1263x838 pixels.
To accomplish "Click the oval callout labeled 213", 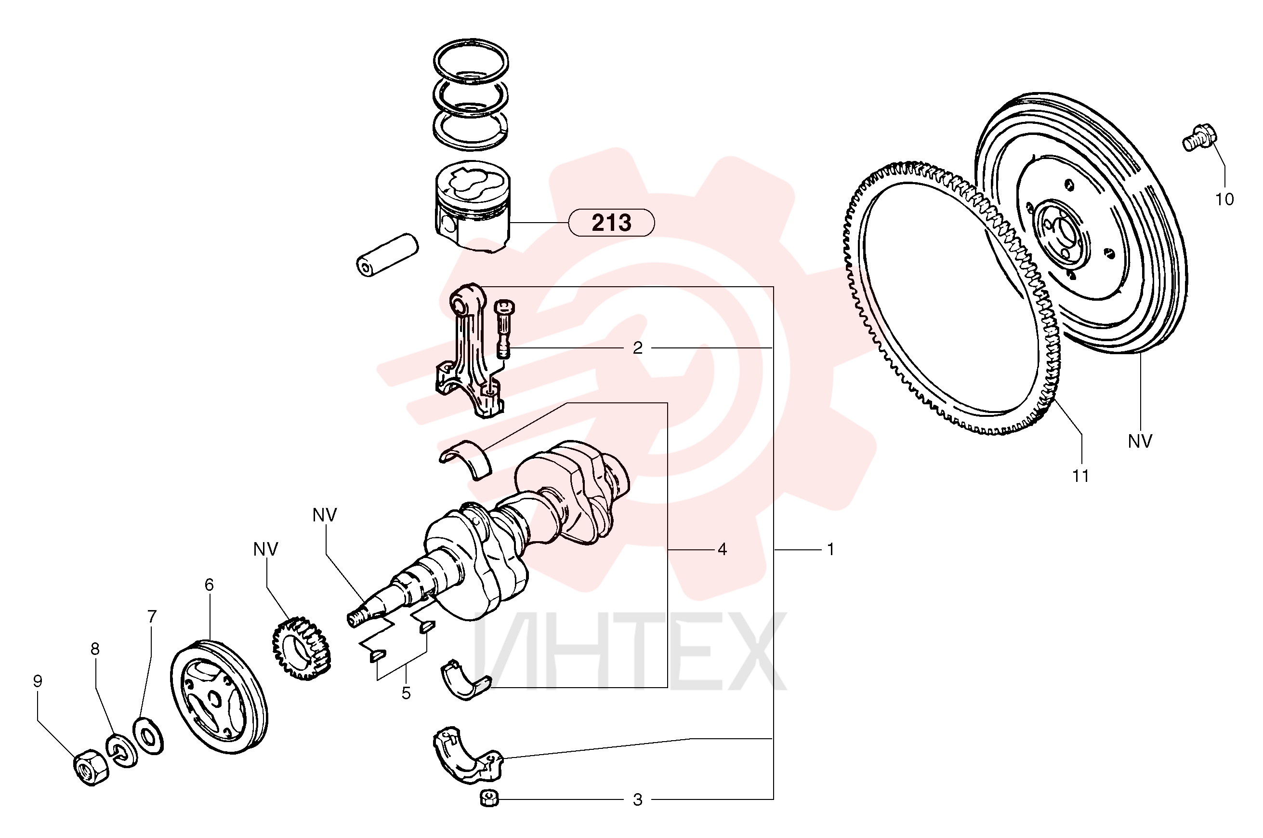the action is coord(611,222).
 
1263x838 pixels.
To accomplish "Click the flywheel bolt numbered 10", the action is coord(1198,136).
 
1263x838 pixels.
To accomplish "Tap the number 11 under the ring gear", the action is coord(1080,475).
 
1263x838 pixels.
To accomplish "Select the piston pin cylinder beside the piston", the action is coord(387,254).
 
